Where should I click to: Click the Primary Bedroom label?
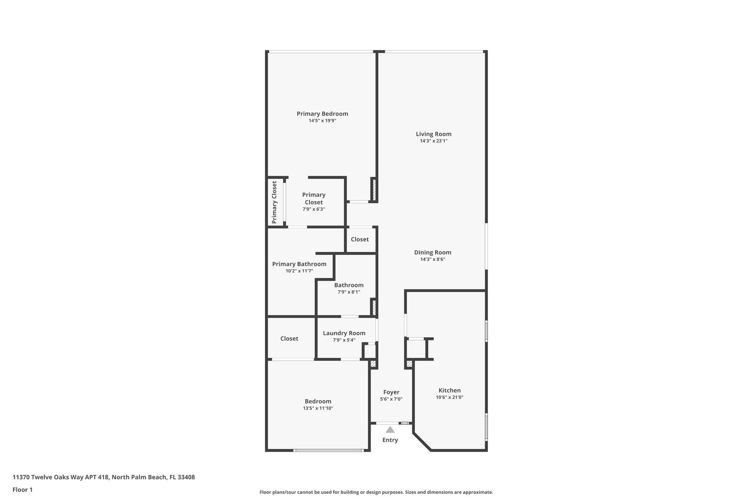point(322,114)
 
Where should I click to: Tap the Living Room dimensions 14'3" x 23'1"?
point(433,141)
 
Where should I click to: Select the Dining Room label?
point(432,252)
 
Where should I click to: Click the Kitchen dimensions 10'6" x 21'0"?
point(449,397)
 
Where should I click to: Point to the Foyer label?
point(391,392)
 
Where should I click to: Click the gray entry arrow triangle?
point(390,430)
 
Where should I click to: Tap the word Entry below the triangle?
point(390,440)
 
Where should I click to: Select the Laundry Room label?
point(344,333)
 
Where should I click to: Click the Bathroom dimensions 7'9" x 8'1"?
point(349,292)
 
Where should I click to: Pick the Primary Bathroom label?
point(299,264)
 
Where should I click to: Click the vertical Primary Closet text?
point(274,202)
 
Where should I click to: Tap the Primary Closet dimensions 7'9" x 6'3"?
point(314,209)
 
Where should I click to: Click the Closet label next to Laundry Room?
point(289,338)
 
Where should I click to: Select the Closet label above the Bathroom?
point(360,239)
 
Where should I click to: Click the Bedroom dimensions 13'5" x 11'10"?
point(318,408)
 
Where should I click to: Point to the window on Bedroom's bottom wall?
point(328,450)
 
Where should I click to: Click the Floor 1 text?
point(22,489)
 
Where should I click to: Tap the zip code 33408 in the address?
point(186,477)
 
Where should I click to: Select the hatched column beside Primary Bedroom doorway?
point(374,189)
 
